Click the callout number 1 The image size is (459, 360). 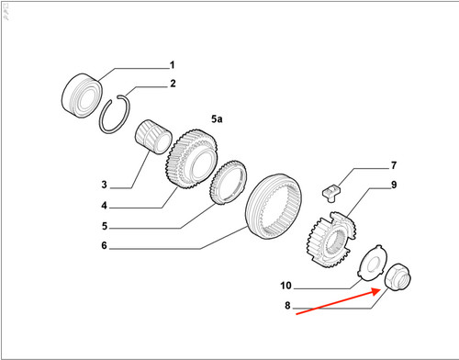coord(173,65)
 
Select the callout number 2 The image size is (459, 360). coord(173,84)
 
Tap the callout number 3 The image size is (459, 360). coord(105,185)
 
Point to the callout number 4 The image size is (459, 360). coord(105,206)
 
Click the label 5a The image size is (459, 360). coord(217,118)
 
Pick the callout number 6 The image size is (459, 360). coord(105,245)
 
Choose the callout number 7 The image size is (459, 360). coord(394,165)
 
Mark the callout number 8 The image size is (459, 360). coord(287,305)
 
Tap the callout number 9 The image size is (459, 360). coord(394,185)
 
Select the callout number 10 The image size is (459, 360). coord(285,286)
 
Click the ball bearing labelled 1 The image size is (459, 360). coord(82,96)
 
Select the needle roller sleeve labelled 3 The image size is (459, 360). coord(153,137)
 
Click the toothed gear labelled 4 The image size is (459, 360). coord(192,159)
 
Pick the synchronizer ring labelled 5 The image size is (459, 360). coord(228,183)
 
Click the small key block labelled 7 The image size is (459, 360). coord(331,193)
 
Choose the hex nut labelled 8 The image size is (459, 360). coord(397,277)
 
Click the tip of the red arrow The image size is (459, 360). coord(380,290)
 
